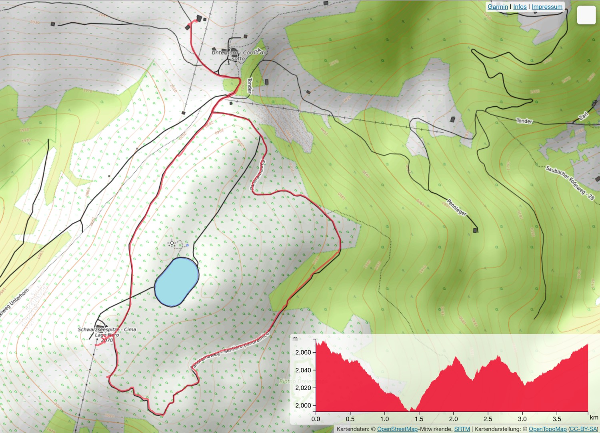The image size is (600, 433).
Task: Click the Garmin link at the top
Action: (x=497, y=7)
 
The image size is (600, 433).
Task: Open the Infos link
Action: (x=520, y=7)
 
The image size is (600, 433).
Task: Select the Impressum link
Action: (x=547, y=7)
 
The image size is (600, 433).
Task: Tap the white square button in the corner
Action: (x=586, y=15)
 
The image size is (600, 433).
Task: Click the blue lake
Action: (x=176, y=281)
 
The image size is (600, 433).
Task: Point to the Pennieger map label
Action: (x=456, y=207)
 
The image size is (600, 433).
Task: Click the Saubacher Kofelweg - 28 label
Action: (x=570, y=182)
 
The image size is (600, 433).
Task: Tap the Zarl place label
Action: (x=584, y=116)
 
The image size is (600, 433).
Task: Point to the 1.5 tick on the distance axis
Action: (x=419, y=419)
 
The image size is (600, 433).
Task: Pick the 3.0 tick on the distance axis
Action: (x=522, y=419)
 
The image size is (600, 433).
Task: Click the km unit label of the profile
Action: (x=594, y=417)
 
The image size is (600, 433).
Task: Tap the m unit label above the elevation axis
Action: (x=295, y=339)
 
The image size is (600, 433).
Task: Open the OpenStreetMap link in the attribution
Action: (x=397, y=429)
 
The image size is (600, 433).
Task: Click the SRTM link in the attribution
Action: (x=462, y=429)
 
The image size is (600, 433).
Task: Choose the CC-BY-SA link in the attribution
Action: (x=583, y=429)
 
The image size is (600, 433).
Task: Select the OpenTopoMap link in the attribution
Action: (x=547, y=429)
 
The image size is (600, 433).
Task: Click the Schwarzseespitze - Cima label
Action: (x=107, y=329)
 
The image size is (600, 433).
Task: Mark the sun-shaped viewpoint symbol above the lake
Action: (x=172, y=243)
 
